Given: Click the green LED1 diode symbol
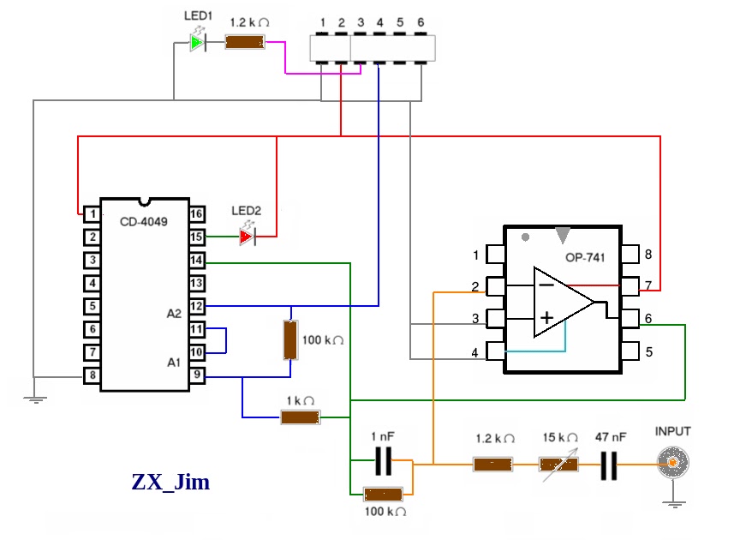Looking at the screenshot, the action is (x=198, y=43).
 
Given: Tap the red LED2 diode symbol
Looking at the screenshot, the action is (x=248, y=236).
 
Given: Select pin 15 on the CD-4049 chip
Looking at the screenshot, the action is (x=197, y=237).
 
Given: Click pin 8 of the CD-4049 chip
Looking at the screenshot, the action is (x=92, y=375).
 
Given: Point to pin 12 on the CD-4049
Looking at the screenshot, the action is (x=197, y=306).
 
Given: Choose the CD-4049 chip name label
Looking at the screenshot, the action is (x=144, y=221).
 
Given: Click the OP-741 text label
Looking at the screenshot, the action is (x=585, y=257).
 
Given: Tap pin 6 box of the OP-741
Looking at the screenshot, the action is (x=630, y=319).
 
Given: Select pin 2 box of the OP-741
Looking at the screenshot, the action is (x=495, y=286).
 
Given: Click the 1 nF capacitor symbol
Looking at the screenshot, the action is (x=384, y=461).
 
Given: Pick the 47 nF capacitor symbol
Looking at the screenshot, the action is (x=609, y=465).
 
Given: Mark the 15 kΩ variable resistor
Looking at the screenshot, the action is (x=558, y=465).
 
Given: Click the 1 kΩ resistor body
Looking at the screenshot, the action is (x=300, y=417).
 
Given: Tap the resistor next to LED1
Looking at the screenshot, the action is (x=245, y=42).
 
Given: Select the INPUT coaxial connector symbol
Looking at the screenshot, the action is (x=673, y=463).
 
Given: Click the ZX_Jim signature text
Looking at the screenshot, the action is (x=170, y=482).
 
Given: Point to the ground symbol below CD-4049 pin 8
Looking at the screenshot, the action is (x=35, y=399).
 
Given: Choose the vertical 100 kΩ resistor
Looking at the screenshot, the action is (x=290, y=340).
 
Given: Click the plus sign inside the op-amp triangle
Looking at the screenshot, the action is (x=546, y=318).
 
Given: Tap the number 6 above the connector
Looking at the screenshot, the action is (x=421, y=22).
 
